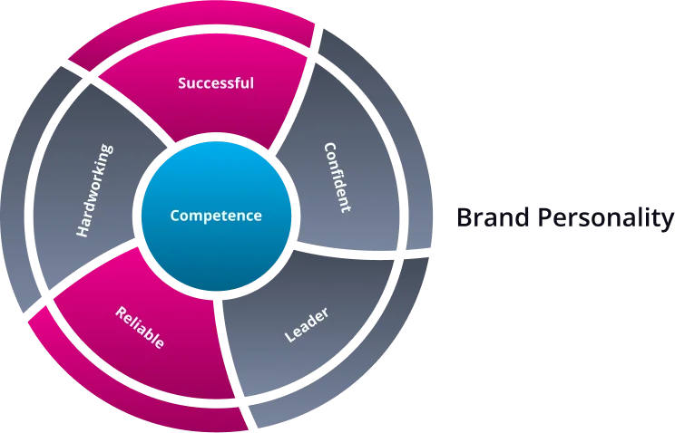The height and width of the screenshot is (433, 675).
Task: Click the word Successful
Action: pyautogui.click(x=216, y=83)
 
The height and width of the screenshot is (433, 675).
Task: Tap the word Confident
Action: pyautogui.click(x=337, y=177)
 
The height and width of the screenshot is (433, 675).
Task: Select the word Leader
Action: pyautogui.click(x=307, y=325)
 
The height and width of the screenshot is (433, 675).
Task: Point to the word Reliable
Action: pyautogui.click(x=140, y=328)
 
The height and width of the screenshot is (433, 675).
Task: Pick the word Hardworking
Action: pyautogui.click(x=94, y=190)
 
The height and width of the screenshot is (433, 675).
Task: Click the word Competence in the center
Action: pyautogui.click(x=216, y=216)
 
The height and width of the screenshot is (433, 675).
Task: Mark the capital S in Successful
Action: pyautogui.click(x=182, y=83)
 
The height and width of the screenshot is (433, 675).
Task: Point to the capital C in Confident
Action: pyautogui.click(x=329, y=147)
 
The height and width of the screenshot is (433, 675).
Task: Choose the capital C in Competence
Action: pyautogui.click(x=175, y=216)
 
